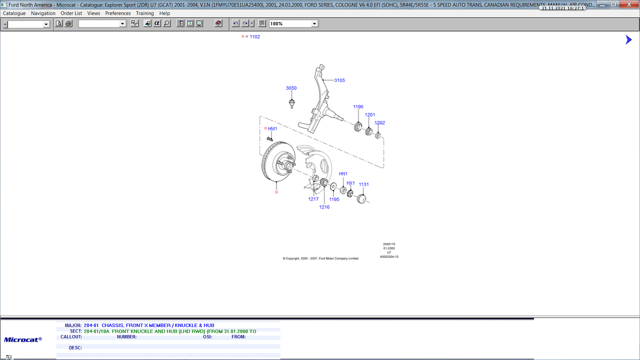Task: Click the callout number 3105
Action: (x=339, y=80)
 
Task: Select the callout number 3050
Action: (x=291, y=88)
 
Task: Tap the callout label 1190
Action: (x=358, y=107)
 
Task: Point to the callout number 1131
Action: (x=363, y=184)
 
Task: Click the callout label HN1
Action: (x=343, y=173)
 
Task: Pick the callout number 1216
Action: (x=324, y=207)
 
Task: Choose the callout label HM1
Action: (x=272, y=129)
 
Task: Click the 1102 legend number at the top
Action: (x=254, y=36)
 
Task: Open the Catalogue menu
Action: (x=14, y=13)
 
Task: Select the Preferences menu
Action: (x=117, y=13)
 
